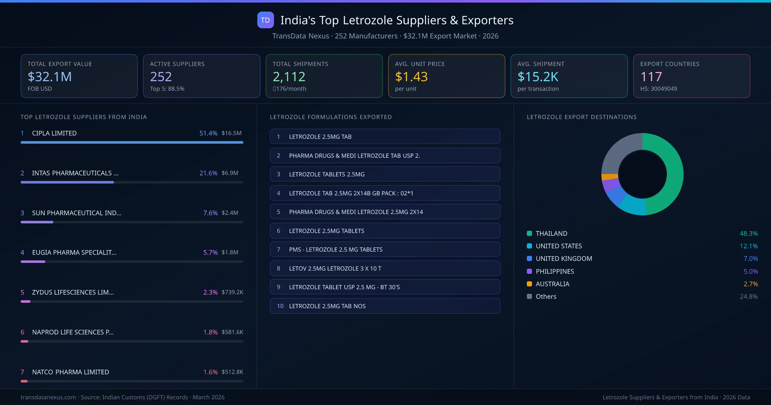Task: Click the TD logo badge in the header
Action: click(265, 20)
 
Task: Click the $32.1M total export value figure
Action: click(49, 77)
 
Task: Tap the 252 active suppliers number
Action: click(161, 77)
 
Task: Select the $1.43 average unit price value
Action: click(411, 77)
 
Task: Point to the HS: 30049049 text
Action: click(658, 89)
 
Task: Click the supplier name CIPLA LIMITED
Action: click(54, 133)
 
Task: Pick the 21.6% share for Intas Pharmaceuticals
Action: click(208, 173)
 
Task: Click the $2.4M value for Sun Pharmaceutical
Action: click(230, 213)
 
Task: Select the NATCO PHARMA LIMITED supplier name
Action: click(70, 372)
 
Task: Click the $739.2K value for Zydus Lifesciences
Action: click(232, 292)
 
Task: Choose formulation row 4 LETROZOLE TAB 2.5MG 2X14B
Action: click(385, 193)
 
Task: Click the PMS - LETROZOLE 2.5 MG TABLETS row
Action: click(385, 249)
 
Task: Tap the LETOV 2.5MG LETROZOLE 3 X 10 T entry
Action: click(385, 268)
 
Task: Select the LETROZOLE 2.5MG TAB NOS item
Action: click(385, 306)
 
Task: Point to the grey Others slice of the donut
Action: click(618, 151)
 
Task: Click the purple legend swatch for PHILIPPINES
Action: click(529, 271)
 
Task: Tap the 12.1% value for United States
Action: click(749, 246)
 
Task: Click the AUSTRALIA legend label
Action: click(552, 284)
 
